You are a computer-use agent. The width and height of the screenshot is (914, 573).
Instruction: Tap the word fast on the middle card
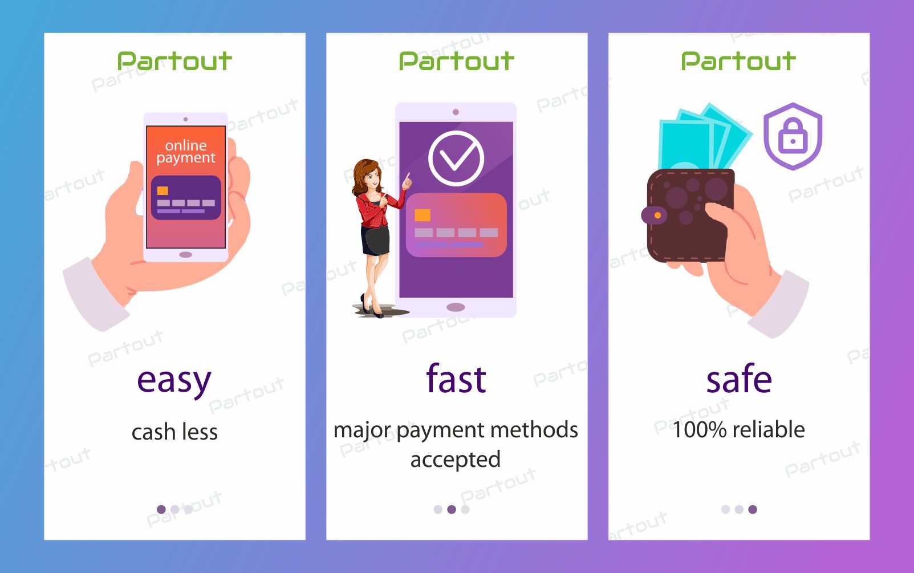tap(456, 379)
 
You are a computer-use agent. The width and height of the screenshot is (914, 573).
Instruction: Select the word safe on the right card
tap(739, 379)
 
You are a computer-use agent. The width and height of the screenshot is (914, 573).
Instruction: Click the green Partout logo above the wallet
tap(738, 61)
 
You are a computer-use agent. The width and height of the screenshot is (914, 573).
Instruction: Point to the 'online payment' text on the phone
tap(186, 152)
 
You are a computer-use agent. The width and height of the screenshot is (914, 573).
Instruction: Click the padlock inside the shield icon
tap(793, 136)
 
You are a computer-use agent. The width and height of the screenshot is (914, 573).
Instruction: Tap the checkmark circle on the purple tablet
tap(456, 159)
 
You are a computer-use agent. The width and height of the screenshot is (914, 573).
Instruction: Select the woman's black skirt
tap(375, 241)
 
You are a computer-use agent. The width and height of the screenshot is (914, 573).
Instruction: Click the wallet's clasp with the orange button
tap(654, 215)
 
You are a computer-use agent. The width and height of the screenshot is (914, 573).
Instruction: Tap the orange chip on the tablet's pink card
tap(423, 215)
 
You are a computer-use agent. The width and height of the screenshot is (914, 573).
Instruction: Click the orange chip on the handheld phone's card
tap(163, 190)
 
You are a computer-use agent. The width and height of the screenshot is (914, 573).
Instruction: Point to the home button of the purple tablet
tap(456, 307)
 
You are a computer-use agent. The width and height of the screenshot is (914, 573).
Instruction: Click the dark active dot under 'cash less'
tap(161, 509)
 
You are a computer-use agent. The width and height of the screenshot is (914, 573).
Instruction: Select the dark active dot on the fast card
tap(451, 509)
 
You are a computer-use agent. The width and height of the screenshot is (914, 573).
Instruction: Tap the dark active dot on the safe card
tap(753, 509)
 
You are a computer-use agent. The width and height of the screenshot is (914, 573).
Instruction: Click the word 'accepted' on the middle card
tap(456, 460)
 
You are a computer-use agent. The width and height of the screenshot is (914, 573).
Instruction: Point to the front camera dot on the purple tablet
tap(456, 112)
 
